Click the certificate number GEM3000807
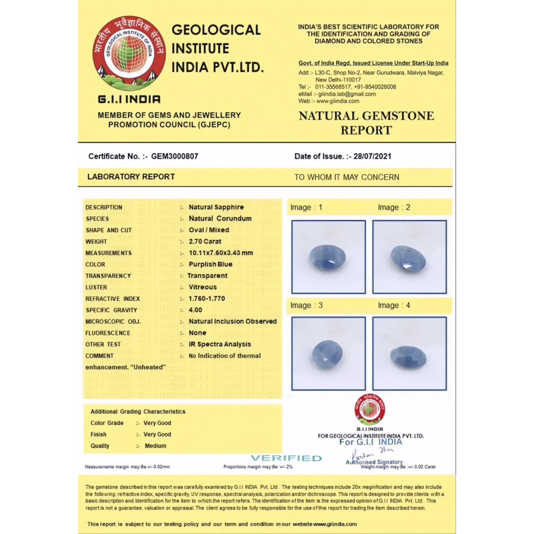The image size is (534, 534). pyautogui.click(x=174, y=156)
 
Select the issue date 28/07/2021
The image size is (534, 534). pyautogui.click(x=372, y=156)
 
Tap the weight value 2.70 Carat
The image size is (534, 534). pyautogui.click(x=205, y=241)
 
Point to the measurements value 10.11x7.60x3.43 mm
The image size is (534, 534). pyautogui.click(x=221, y=253)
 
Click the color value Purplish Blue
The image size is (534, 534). pyautogui.click(x=211, y=264)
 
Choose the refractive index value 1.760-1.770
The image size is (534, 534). pyautogui.click(x=207, y=298)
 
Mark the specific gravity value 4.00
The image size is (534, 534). pyautogui.click(x=196, y=310)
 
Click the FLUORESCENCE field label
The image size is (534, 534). pyautogui.click(x=108, y=333)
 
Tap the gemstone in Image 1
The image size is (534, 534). pyautogui.click(x=328, y=257)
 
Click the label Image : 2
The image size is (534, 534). pyautogui.click(x=394, y=207)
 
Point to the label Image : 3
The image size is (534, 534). pyautogui.click(x=306, y=305)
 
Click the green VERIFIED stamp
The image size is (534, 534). pyautogui.click(x=286, y=458)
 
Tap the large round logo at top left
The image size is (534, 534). pyautogui.click(x=129, y=53)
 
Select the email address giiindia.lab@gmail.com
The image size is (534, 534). pyautogui.click(x=347, y=94)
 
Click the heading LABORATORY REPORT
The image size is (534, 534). pyautogui.click(x=131, y=177)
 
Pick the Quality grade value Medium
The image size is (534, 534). pyautogui.click(x=155, y=446)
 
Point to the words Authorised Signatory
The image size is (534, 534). pyautogui.click(x=374, y=462)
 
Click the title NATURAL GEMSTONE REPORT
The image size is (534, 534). pyautogui.click(x=366, y=123)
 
